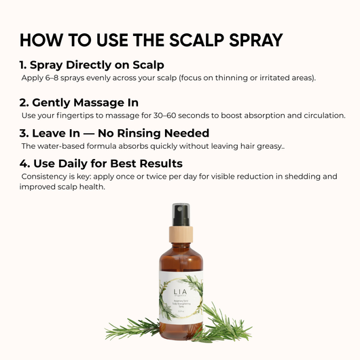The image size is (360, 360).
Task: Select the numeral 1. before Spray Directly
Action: tap(24, 66)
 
